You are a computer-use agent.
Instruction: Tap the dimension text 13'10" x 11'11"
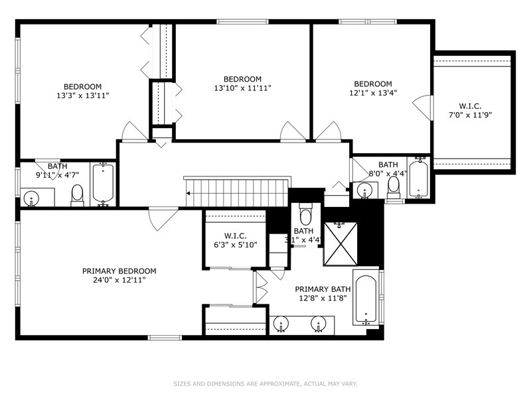[x=242, y=88]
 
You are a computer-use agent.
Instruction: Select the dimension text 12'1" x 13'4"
[x=372, y=93]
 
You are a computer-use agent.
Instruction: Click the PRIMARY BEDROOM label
[x=119, y=271]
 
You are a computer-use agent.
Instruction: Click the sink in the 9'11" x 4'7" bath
[x=31, y=197]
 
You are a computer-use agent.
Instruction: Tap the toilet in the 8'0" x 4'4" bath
[x=394, y=187]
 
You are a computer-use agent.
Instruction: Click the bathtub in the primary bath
[x=366, y=298]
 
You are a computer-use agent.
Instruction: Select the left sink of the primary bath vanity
[x=281, y=325]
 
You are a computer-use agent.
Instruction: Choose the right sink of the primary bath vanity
[x=319, y=325]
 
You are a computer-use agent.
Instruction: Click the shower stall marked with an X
[x=340, y=244]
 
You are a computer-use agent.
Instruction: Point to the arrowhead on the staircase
[x=189, y=194]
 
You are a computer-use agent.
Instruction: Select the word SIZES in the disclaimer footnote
[x=184, y=383]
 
